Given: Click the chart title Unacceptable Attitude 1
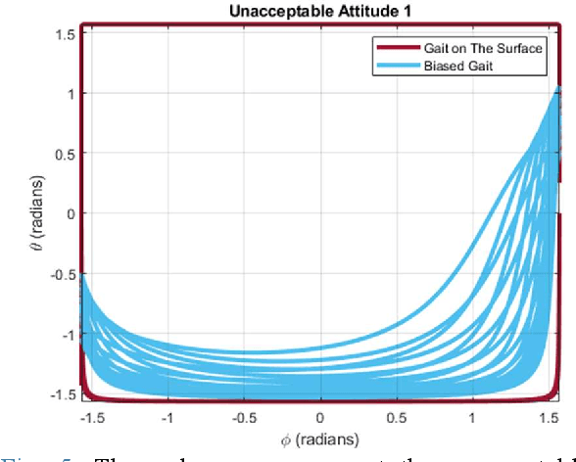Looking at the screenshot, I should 319,12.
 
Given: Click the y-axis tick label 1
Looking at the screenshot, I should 71,93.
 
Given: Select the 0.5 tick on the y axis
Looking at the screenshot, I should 65,153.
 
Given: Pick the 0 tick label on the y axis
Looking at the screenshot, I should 71,213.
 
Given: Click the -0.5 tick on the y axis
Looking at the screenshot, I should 63,273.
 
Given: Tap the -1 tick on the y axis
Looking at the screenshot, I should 67,334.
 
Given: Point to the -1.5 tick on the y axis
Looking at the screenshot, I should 63,393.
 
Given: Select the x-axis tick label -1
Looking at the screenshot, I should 168,415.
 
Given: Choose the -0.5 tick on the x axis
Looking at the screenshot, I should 244,415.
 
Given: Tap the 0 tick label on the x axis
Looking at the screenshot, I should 320,415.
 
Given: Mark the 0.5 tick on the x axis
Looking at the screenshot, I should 396,415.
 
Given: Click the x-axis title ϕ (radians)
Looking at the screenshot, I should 319,437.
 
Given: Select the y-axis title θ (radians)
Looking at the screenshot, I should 36,213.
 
